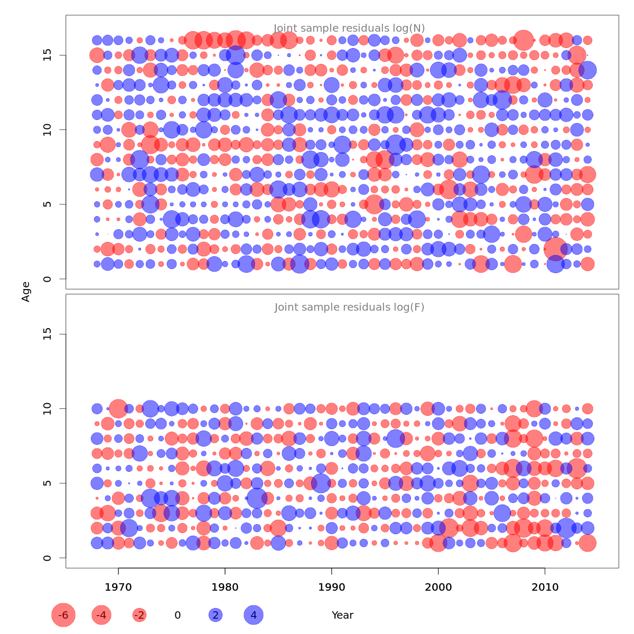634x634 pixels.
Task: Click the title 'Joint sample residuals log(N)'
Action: coord(349,29)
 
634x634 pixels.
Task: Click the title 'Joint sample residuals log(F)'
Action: coord(349,307)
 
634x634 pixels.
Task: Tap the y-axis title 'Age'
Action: coord(26,292)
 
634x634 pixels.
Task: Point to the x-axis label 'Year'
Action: coord(342,615)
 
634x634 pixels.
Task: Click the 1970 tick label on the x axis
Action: coord(118,587)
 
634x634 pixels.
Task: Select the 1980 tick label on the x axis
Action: coord(225,587)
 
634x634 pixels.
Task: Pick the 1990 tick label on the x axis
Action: coord(332,587)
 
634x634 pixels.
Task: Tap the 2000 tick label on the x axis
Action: coord(438,587)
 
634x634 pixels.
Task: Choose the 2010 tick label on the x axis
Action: coord(545,587)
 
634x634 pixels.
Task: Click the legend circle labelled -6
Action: coord(63,615)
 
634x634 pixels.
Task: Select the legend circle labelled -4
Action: coord(101,615)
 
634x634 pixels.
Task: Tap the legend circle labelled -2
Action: coord(139,615)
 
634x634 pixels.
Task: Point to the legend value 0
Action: coord(178,615)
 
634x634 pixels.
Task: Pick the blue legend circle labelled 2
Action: coord(216,615)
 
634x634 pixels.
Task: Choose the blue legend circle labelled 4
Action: coord(254,615)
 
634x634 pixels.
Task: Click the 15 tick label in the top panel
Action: coord(48,55)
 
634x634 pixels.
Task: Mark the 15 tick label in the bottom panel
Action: coord(48,334)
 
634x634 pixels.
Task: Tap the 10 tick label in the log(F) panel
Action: coord(48,408)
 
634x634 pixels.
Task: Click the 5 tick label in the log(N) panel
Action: coord(48,204)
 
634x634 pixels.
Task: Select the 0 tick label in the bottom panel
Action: coord(48,558)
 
